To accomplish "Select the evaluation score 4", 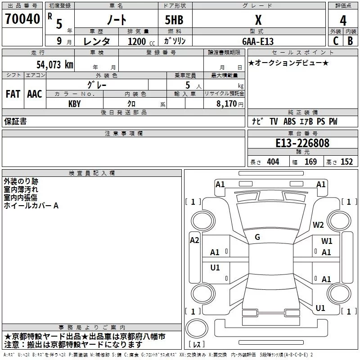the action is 343,20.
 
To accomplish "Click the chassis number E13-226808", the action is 302,143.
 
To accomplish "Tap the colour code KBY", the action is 74,103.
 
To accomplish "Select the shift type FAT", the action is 13,94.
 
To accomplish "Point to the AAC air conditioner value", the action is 35,94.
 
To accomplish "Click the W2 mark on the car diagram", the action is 319,225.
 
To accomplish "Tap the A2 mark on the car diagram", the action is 194,240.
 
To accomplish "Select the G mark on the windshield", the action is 257,237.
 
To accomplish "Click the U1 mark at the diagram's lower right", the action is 320,308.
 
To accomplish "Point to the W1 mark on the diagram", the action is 327,241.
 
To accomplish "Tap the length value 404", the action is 273,162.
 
